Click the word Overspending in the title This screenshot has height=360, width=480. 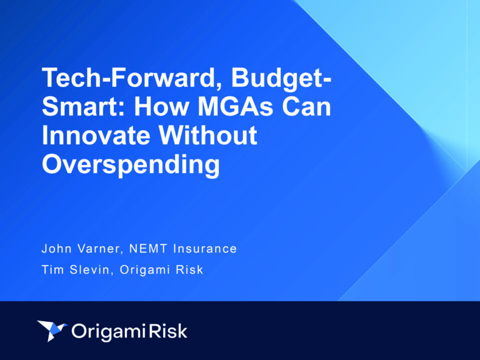[131, 164]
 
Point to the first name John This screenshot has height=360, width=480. [57, 249]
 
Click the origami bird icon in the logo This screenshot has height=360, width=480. [52, 330]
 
